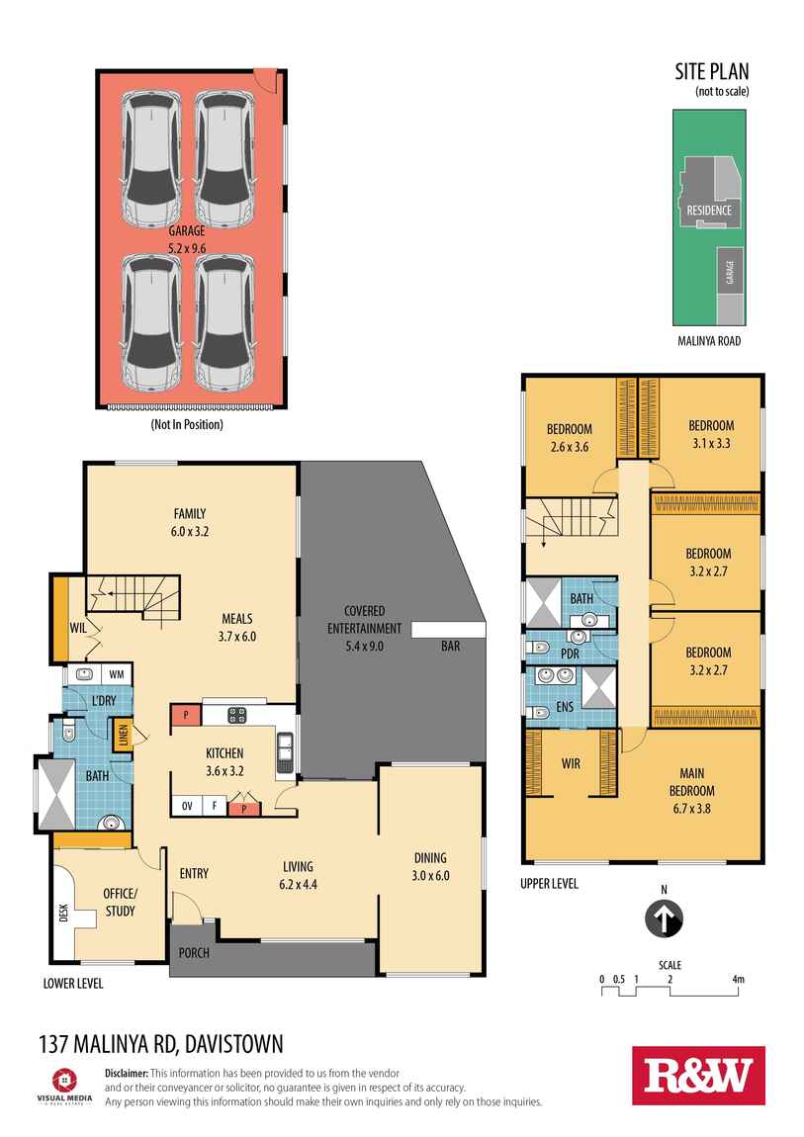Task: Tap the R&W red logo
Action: point(698,1076)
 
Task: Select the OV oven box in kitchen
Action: point(185,807)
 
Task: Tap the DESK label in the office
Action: point(63,913)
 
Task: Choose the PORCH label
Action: point(192,953)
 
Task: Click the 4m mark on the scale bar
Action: point(737,980)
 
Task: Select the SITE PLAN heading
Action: point(712,71)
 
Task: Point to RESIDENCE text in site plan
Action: point(709,211)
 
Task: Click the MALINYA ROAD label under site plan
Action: point(707,341)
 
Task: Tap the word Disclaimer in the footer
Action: point(126,1073)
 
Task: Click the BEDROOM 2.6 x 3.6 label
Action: point(569,436)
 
